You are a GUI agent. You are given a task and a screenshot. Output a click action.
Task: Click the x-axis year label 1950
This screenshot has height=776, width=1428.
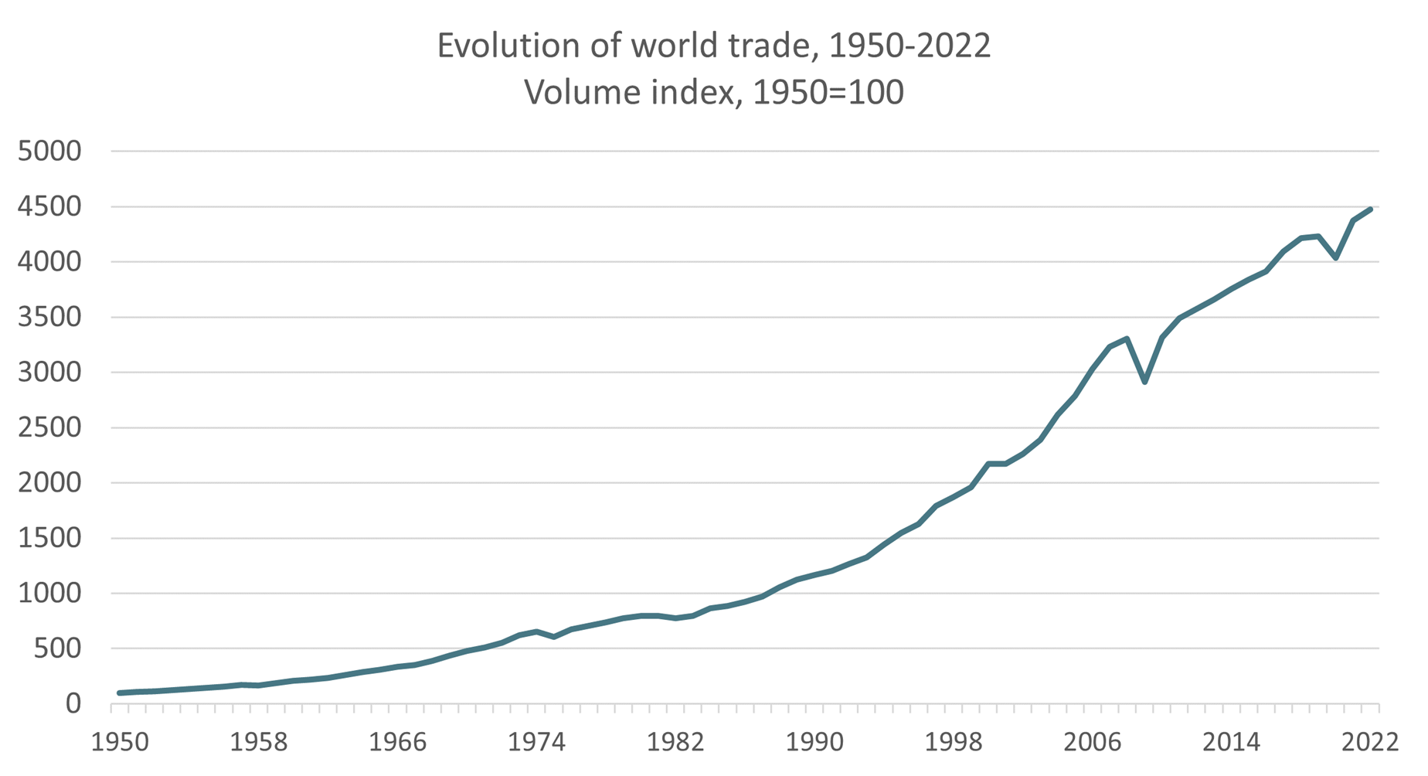pos(120,743)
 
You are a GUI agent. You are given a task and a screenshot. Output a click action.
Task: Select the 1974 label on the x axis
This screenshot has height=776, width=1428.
pos(536,743)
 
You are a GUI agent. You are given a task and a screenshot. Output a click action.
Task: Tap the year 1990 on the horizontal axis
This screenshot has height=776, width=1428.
pos(814,743)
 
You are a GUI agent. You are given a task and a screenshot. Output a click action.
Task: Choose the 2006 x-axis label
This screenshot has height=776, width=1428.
pos(1092,743)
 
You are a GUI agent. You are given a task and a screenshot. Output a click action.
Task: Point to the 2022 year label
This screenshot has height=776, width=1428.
pos(1370,743)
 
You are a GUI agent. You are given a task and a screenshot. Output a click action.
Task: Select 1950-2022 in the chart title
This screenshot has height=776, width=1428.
pos(909,46)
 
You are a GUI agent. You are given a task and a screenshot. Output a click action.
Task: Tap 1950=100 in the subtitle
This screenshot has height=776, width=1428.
pos(828,94)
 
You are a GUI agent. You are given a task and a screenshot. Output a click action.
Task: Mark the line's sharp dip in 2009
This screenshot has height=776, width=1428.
pos(1144,382)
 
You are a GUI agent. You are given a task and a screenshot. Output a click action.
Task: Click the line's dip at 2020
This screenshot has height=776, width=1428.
pos(1336,257)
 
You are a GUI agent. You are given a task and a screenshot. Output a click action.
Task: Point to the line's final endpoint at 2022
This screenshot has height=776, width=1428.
pos(1370,209)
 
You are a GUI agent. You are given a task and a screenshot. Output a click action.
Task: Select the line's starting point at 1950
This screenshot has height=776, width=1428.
pos(120,693)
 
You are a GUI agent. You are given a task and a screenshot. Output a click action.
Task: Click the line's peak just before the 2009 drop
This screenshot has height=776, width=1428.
pos(1127,339)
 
